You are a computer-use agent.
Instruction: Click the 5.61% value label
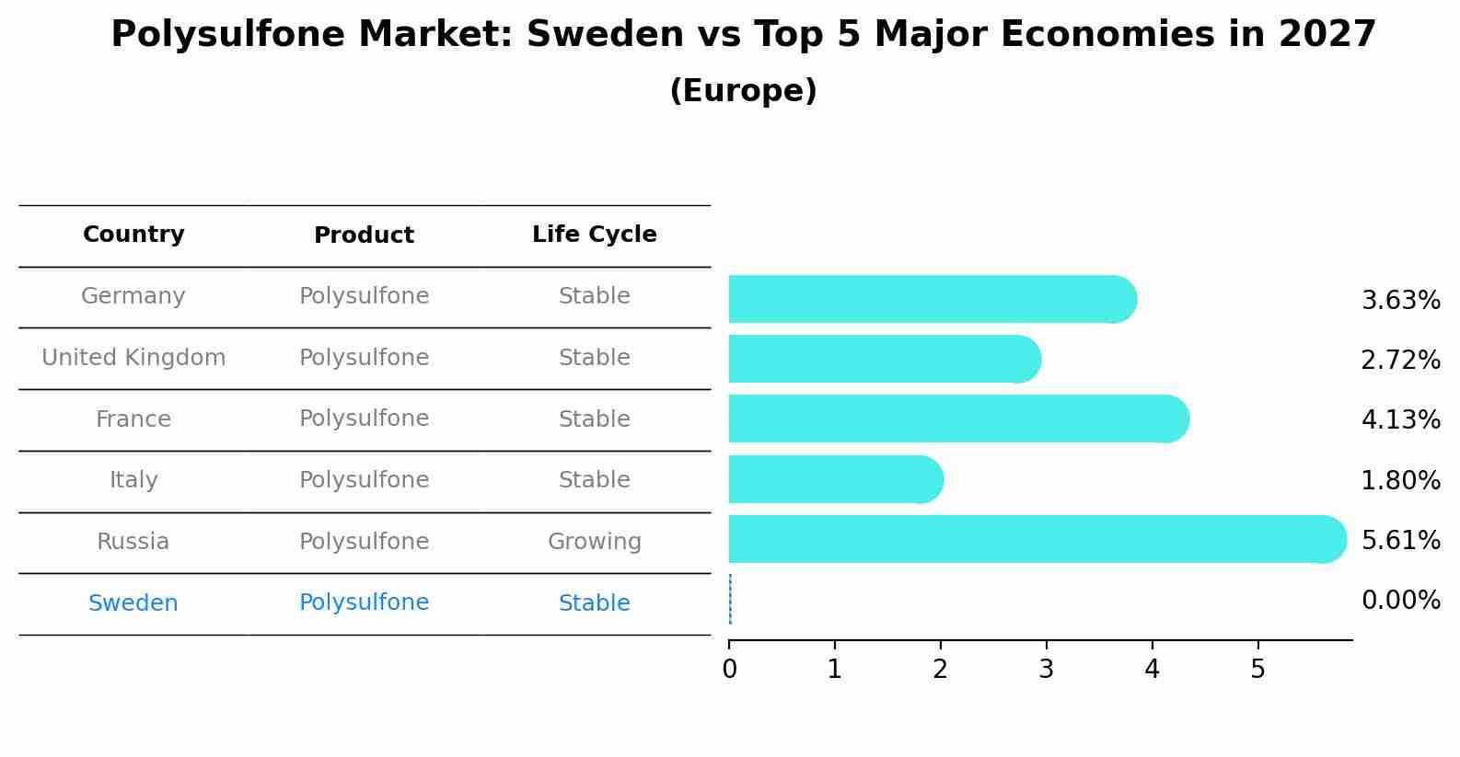point(1400,540)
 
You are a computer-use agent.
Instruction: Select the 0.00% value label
point(1400,601)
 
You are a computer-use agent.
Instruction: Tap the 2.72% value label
point(1400,360)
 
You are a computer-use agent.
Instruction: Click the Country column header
point(133,235)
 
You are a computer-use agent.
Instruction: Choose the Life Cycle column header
point(594,235)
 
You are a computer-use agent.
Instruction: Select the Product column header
point(364,235)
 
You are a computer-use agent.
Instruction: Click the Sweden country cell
point(133,603)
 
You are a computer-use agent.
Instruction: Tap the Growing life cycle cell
point(594,542)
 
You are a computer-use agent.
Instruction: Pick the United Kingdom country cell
point(133,358)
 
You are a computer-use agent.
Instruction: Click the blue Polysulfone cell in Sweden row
point(364,602)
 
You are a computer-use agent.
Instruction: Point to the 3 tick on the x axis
point(1046,670)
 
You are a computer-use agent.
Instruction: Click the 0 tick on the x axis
point(729,670)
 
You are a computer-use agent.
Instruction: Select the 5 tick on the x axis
point(1257,670)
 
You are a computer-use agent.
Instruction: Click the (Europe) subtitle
point(743,91)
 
